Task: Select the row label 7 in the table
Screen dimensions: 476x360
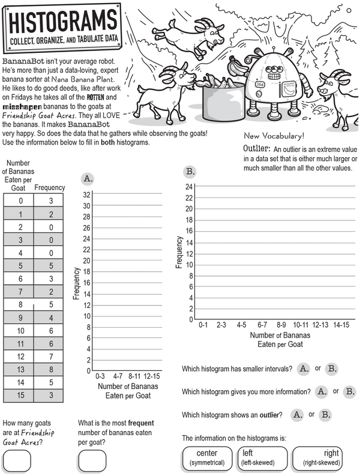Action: (x=21, y=291)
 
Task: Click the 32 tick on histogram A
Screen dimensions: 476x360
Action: (x=86, y=194)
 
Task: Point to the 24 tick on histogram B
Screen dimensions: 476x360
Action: (x=189, y=187)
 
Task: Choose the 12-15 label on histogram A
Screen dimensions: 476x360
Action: (x=152, y=375)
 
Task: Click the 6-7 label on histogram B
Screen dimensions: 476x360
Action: (x=262, y=325)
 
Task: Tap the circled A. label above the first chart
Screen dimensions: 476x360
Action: (x=88, y=178)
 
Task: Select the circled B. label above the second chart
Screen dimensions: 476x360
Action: (x=191, y=172)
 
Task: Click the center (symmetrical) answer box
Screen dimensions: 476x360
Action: (x=207, y=457)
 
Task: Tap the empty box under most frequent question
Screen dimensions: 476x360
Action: (x=92, y=461)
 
